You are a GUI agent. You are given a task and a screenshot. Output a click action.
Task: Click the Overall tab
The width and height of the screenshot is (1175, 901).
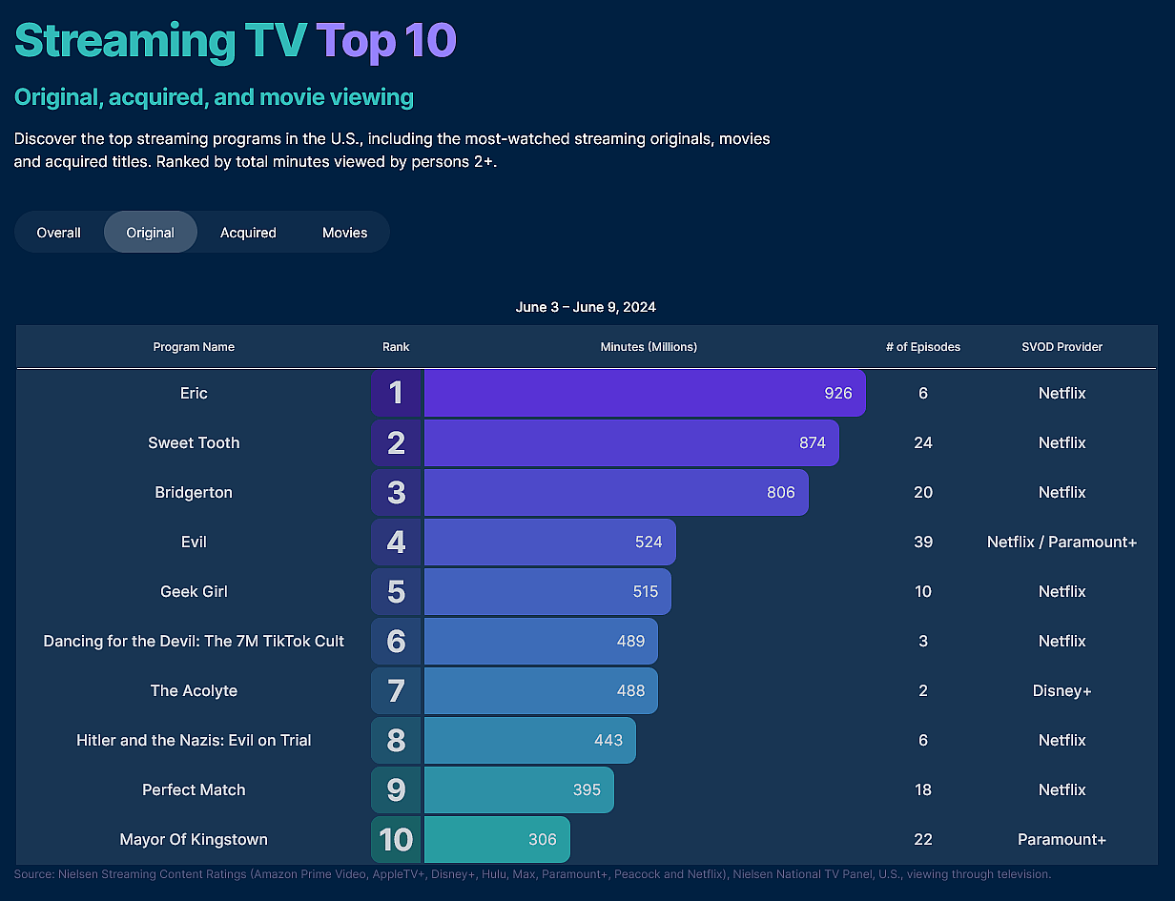click(x=58, y=233)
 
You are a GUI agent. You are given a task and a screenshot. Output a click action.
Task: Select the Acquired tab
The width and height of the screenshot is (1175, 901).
click(x=248, y=233)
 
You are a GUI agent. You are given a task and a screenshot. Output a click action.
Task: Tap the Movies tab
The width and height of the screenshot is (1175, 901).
click(x=344, y=233)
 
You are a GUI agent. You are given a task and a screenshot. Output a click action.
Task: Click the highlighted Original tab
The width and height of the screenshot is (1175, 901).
click(x=151, y=233)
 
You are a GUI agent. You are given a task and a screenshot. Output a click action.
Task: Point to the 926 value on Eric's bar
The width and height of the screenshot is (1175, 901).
click(x=838, y=393)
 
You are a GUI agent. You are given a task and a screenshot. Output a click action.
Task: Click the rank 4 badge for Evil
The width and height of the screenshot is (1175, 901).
click(x=396, y=542)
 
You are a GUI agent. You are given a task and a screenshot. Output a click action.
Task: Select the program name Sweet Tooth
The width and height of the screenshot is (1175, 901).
click(x=194, y=442)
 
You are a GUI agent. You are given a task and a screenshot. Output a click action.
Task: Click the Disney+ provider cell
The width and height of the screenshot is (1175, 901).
click(x=1062, y=690)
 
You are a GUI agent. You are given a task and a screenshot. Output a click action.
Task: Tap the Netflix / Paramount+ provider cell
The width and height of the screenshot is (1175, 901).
click(x=1062, y=542)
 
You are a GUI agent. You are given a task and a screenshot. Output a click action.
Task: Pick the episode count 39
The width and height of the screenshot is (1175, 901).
click(x=922, y=542)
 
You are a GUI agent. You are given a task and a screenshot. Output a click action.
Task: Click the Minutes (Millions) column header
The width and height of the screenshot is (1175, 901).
click(x=649, y=347)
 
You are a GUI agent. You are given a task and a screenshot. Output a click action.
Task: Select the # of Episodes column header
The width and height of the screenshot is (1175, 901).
click(x=922, y=347)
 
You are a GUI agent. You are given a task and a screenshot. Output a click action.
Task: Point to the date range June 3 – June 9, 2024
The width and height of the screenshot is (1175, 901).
click(x=586, y=307)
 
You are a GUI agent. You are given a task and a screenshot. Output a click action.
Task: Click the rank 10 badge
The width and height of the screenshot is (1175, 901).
click(x=396, y=839)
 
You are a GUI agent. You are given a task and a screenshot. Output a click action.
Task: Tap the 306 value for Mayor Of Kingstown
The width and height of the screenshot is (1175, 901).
click(x=542, y=839)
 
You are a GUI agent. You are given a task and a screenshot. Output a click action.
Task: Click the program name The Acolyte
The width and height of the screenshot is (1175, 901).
click(x=194, y=690)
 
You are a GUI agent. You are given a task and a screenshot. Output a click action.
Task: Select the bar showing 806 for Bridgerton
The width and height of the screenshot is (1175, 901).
click(x=615, y=492)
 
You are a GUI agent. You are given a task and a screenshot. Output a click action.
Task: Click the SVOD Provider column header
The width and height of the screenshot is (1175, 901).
click(x=1062, y=347)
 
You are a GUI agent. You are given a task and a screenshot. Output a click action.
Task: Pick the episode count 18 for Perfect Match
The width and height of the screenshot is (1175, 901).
click(x=922, y=789)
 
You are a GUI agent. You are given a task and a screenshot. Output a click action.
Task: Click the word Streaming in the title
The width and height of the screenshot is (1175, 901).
click(x=124, y=41)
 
